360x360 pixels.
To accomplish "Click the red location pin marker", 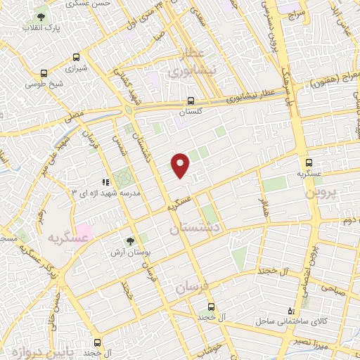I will [181, 165].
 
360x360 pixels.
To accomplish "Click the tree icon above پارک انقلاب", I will [43, 15].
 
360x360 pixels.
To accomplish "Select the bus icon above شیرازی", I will [45, 72].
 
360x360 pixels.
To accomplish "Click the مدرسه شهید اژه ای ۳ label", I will [108, 191].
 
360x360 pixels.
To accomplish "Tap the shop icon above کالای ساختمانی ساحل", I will [292, 310].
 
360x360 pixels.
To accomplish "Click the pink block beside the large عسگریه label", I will [84, 230].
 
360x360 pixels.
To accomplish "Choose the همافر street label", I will [265, 205].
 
